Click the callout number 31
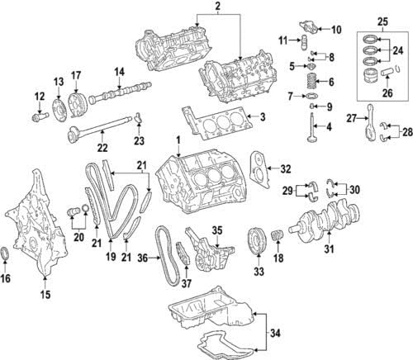[x=329, y=248]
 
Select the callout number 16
[x=7, y=279]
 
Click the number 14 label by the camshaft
[x=118, y=72]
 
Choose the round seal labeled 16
[x=7, y=253]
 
